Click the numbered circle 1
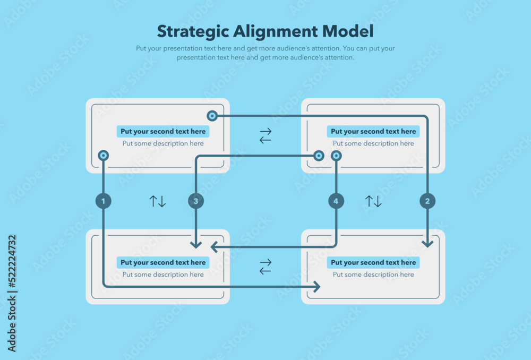(104, 201)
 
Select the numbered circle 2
(427, 201)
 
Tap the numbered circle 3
(196, 201)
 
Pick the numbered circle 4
(336, 201)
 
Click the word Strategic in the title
(192, 31)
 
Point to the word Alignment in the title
(276, 31)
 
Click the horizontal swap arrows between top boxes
(265, 135)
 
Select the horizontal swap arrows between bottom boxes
(265, 267)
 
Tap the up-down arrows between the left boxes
(157, 201)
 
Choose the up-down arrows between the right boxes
(373, 201)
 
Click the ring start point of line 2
(212, 115)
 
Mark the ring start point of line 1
(104, 156)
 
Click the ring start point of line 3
(319, 156)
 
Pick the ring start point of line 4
(336, 156)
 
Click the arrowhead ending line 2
(427, 244)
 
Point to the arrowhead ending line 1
(316, 287)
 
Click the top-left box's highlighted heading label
(163, 131)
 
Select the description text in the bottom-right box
(373, 275)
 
